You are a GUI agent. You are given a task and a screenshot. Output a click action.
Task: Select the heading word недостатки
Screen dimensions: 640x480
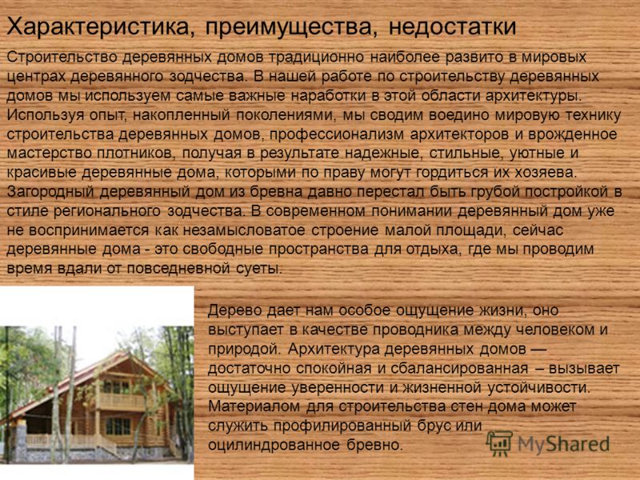[x=452, y=27]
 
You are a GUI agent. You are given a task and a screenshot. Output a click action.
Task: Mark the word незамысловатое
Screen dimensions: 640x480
[x=244, y=230]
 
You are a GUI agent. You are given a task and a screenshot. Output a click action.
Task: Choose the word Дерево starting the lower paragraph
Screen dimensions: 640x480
[x=234, y=310]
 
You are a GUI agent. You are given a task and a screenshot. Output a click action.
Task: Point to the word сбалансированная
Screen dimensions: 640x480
[x=459, y=369]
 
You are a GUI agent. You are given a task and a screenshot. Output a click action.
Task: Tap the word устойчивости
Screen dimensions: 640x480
[x=539, y=388]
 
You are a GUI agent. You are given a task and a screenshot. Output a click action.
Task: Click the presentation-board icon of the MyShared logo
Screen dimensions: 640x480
[x=499, y=443]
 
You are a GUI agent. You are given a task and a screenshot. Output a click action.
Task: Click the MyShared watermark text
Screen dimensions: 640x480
[x=564, y=445]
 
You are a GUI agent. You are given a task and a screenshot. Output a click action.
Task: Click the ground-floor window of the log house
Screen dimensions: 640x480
[x=118, y=426]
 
